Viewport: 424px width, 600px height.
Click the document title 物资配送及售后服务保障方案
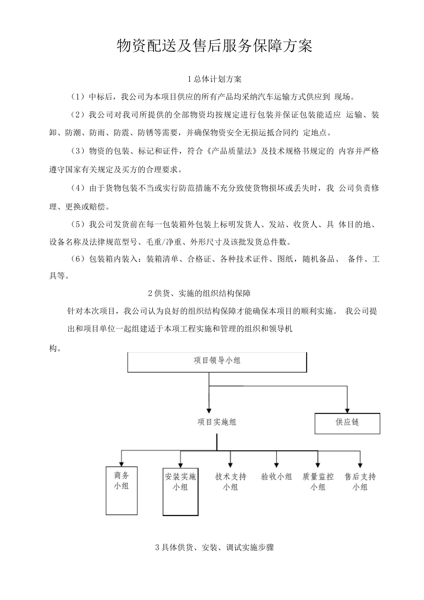(214, 46)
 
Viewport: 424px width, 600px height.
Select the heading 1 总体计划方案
(214, 79)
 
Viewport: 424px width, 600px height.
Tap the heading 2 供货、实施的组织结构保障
(199, 293)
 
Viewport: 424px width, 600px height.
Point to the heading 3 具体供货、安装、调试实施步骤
(214, 547)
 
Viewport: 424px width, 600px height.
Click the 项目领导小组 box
(217, 362)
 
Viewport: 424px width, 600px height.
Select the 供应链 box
(347, 423)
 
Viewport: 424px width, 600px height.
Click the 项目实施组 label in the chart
(217, 422)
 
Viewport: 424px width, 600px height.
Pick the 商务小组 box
(121, 490)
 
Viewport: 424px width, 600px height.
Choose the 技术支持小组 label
(230, 482)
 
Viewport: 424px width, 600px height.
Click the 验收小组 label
(277, 477)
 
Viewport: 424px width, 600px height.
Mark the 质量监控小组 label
(318, 482)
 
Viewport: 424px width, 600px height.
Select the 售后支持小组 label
(360, 482)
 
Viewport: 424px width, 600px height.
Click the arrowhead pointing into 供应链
(347, 409)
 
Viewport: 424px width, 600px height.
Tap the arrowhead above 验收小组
(277, 465)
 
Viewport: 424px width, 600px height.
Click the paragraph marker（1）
(78, 97)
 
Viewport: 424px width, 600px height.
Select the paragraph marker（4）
(78, 188)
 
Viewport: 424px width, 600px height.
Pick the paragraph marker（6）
(78, 259)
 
